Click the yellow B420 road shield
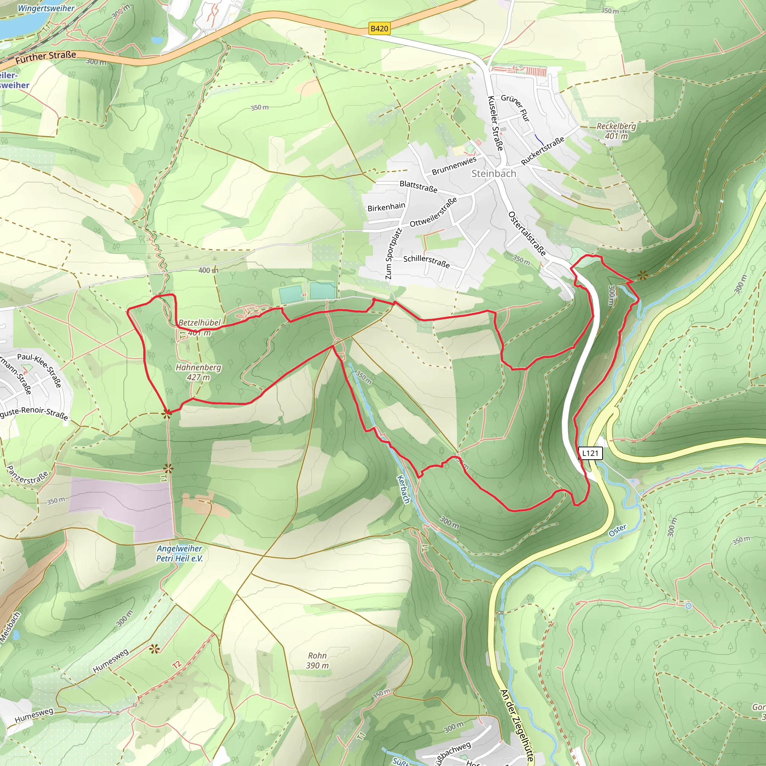[x=379, y=28]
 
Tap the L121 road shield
[x=590, y=453]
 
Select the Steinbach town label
[x=494, y=174]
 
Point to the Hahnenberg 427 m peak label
[x=198, y=372]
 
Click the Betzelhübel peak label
[x=199, y=323]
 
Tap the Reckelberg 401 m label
[x=616, y=131]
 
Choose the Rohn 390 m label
[x=317, y=661]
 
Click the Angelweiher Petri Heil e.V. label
[x=179, y=554]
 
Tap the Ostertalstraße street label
[x=527, y=233]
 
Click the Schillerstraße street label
[x=426, y=261]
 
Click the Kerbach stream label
[x=403, y=489]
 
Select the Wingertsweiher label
[x=46, y=8]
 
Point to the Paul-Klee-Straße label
[x=39, y=370]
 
